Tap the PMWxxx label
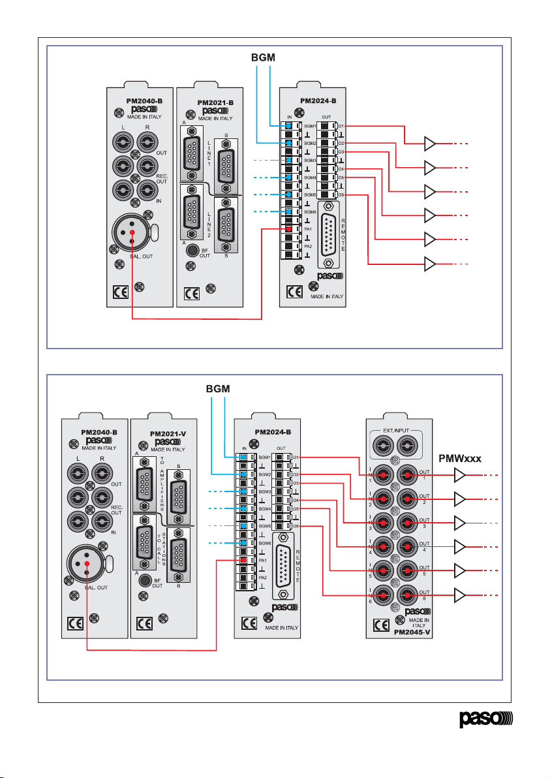click(x=459, y=459)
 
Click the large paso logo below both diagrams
click(x=486, y=721)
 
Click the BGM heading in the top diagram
click(x=264, y=57)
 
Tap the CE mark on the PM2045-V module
click(x=382, y=625)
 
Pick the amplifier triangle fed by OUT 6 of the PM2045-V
click(x=461, y=595)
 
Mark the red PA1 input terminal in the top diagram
click(x=288, y=229)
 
